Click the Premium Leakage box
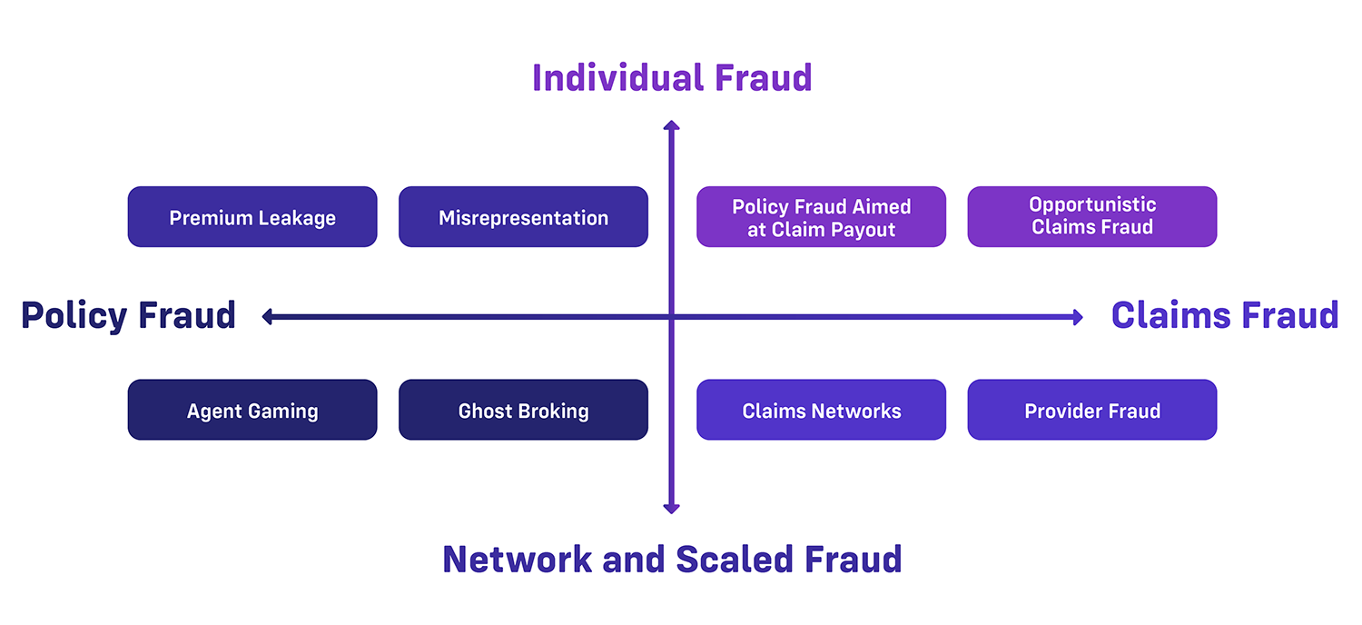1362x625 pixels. click(252, 217)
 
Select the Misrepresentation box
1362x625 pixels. click(523, 217)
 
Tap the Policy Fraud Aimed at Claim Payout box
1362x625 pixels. click(821, 217)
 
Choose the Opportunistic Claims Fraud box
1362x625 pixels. click(1091, 217)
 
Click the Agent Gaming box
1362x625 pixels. click(252, 410)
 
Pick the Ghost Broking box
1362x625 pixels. click(523, 410)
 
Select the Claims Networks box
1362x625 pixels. click(821, 410)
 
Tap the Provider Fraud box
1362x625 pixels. click(1091, 410)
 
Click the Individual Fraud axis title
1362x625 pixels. click(672, 78)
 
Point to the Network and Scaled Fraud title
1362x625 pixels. click(672, 559)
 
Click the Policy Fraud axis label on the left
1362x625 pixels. click(128, 316)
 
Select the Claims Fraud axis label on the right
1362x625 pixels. click(1225, 316)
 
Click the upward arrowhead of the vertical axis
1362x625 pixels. click(672, 126)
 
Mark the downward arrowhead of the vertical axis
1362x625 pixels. click(672, 508)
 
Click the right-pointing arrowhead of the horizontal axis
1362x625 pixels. click(1077, 317)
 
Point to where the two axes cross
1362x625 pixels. click(672, 317)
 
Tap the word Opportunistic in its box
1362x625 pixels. click(1092, 204)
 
